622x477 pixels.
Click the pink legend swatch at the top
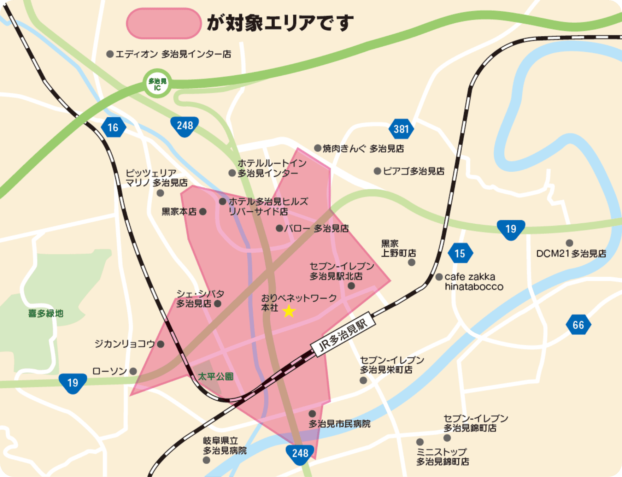click(164, 23)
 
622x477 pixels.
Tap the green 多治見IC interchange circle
click(157, 84)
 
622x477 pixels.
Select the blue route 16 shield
click(113, 127)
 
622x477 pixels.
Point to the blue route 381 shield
click(401, 129)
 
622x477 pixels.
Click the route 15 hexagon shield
click(460, 253)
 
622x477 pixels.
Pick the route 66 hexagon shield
click(578, 325)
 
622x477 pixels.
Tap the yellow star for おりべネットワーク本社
click(289, 311)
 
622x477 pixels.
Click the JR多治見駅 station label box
click(342, 334)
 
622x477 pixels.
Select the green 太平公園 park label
click(216, 377)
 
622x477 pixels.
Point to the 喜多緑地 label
click(46, 313)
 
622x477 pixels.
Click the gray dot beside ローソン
click(133, 371)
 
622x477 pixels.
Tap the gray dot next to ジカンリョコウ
click(160, 344)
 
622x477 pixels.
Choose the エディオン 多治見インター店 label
click(173, 54)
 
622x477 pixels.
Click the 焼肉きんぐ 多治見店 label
click(363, 148)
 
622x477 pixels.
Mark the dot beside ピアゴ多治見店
click(377, 171)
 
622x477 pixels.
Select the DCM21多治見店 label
click(571, 253)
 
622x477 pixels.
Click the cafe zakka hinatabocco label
click(474, 282)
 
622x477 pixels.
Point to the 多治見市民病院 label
click(340, 424)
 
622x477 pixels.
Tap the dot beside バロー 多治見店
click(279, 228)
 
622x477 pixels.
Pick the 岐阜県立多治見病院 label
click(224, 446)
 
